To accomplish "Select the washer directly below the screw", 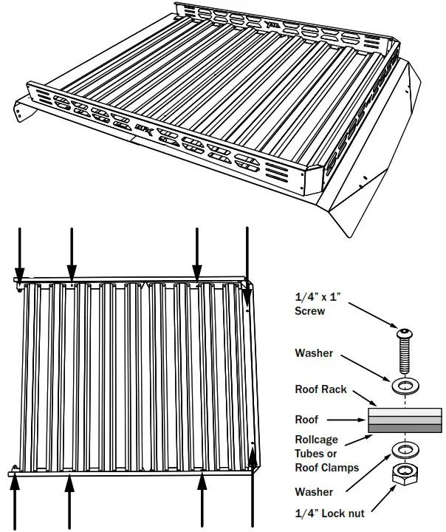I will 404,386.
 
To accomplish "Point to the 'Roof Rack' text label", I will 320,389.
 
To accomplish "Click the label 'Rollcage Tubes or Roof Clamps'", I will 326,453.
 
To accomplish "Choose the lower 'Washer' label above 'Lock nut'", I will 313,491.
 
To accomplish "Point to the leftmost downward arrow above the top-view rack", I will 20,251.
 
